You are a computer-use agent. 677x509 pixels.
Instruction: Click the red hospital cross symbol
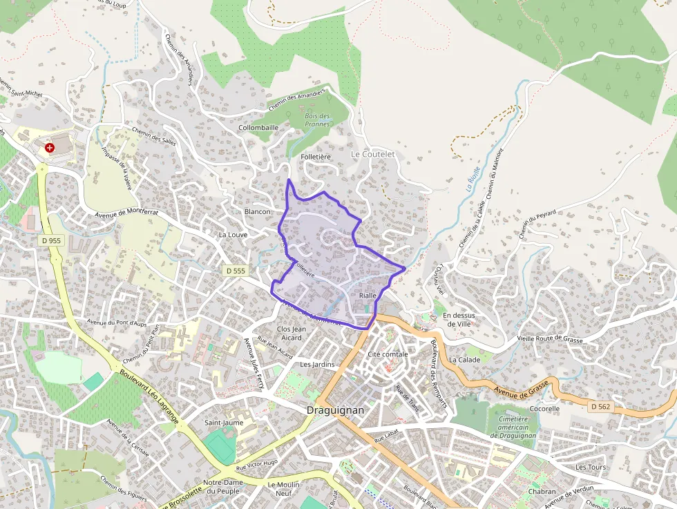(x=49, y=148)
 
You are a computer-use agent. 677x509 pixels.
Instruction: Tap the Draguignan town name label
(x=334, y=410)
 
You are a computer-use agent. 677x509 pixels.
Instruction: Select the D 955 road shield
(x=50, y=240)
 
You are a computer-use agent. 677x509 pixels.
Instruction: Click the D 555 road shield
(x=236, y=271)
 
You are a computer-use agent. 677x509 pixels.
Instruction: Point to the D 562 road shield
(x=600, y=407)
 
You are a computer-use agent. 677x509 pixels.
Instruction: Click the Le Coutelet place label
(x=372, y=154)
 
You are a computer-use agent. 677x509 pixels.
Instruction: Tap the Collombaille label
(x=258, y=128)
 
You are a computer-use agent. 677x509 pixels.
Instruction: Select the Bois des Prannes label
(x=317, y=120)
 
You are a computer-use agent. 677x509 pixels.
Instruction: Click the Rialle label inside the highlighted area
(x=368, y=296)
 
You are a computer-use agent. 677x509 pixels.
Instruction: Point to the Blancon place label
(x=257, y=211)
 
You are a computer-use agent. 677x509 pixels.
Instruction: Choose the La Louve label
(x=232, y=235)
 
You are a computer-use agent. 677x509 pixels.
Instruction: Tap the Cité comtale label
(x=388, y=354)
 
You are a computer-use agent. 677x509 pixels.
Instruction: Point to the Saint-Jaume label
(x=222, y=422)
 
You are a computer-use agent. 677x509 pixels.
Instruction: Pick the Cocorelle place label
(x=544, y=408)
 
